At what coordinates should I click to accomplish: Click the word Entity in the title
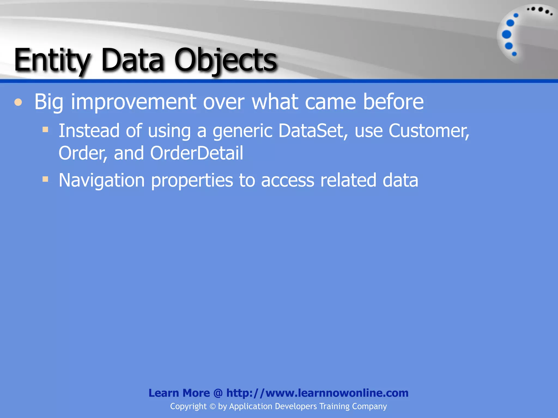pyautogui.click(x=52, y=60)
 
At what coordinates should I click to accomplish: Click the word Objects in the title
pyautogui.click(x=225, y=60)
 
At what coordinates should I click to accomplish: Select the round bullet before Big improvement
pyautogui.click(x=18, y=103)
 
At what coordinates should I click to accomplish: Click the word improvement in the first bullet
pyautogui.click(x=133, y=102)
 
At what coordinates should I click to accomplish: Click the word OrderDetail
pyautogui.click(x=196, y=153)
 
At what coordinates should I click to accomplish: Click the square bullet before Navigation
pyautogui.click(x=45, y=179)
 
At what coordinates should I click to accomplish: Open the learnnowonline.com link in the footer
pyautogui.click(x=317, y=393)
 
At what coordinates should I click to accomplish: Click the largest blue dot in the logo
pyautogui.click(x=507, y=35)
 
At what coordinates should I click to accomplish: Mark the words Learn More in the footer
pyautogui.click(x=179, y=393)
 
